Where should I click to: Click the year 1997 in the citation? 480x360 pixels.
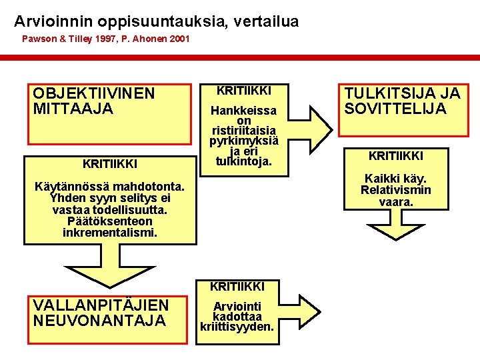(x=106, y=39)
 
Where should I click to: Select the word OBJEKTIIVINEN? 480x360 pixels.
(x=93, y=93)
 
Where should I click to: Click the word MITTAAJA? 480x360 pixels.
(x=73, y=108)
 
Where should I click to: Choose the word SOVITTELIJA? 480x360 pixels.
(x=395, y=109)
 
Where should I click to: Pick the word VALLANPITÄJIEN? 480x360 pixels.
(x=101, y=305)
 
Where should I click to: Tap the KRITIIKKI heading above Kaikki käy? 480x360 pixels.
(x=396, y=157)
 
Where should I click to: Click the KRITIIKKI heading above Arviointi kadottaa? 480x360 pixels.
(x=237, y=287)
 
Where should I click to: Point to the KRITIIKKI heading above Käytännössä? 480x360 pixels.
(x=109, y=163)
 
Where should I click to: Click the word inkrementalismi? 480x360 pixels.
(x=110, y=233)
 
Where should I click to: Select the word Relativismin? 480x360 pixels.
(x=396, y=190)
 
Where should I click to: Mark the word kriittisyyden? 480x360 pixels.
(x=237, y=327)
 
